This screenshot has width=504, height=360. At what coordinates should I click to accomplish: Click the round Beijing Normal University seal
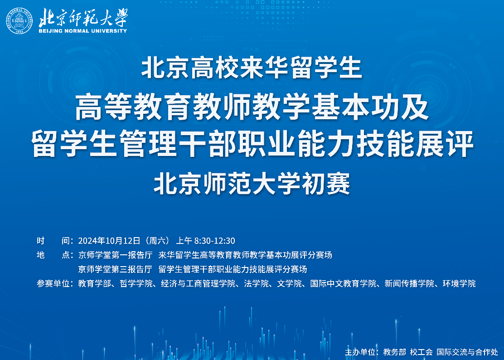pyautogui.click(x=19, y=20)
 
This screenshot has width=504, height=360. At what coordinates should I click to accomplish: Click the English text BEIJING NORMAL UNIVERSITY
pyautogui.click(x=83, y=31)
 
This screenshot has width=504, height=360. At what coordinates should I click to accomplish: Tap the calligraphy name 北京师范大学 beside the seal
pyautogui.click(x=83, y=17)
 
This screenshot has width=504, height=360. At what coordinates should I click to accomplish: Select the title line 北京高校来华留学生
pyautogui.click(x=252, y=68)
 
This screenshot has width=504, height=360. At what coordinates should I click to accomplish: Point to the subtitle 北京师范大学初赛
pyautogui.click(x=252, y=184)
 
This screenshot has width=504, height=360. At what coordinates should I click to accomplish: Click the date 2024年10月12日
pyautogui.click(x=109, y=241)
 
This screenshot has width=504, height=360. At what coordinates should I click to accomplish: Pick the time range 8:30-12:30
pyautogui.click(x=215, y=241)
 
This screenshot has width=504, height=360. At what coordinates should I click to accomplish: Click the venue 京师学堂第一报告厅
pyautogui.click(x=115, y=255)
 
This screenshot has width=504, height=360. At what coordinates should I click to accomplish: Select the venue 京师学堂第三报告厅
pyautogui.click(x=115, y=269)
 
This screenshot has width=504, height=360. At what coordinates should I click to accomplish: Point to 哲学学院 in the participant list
pyautogui.click(x=136, y=283)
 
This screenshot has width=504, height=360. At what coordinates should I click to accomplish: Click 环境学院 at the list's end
pyautogui.click(x=459, y=283)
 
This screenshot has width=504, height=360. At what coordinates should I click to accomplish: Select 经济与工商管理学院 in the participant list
pyautogui.click(x=198, y=283)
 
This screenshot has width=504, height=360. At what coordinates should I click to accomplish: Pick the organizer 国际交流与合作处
pyautogui.click(x=467, y=352)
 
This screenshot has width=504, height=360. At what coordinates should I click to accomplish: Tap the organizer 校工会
pyautogui.click(x=421, y=352)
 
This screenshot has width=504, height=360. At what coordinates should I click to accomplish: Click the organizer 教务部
pyautogui.click(x=395, y=352)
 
